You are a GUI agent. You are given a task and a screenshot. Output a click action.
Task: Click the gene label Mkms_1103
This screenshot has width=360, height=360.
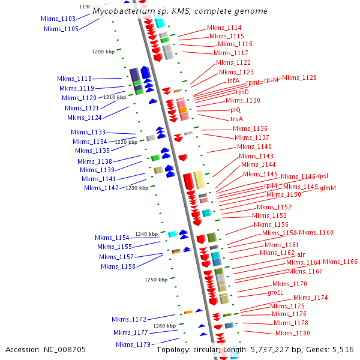click(58, 19)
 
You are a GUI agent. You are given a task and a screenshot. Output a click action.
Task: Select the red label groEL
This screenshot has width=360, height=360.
click(277, 293)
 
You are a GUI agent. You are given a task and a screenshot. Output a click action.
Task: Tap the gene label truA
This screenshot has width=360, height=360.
click(236, 119)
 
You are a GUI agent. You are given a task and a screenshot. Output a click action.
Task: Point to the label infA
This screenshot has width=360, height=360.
click(233, 80)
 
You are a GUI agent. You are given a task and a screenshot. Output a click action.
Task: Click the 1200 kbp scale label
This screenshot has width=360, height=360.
click(103, 52)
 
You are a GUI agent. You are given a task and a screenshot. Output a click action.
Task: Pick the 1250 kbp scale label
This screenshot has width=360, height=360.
click(156, 280)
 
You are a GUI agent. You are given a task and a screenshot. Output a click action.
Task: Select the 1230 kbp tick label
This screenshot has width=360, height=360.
click(137, 188)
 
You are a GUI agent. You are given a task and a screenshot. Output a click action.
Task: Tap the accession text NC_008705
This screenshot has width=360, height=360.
click(65, 349)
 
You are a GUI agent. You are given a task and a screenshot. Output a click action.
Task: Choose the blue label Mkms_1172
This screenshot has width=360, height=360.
click(129, 319)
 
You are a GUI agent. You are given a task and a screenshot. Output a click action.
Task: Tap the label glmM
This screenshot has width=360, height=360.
click(328, 188)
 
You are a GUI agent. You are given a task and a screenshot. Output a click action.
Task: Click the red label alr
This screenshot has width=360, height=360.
click(301, 254)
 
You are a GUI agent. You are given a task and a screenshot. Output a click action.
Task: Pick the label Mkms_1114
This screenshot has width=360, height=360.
click(224, 28)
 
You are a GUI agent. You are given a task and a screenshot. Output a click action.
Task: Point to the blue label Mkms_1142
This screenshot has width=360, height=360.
click(101, 188)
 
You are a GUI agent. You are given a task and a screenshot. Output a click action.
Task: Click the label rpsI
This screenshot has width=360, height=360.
click(323, 176)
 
